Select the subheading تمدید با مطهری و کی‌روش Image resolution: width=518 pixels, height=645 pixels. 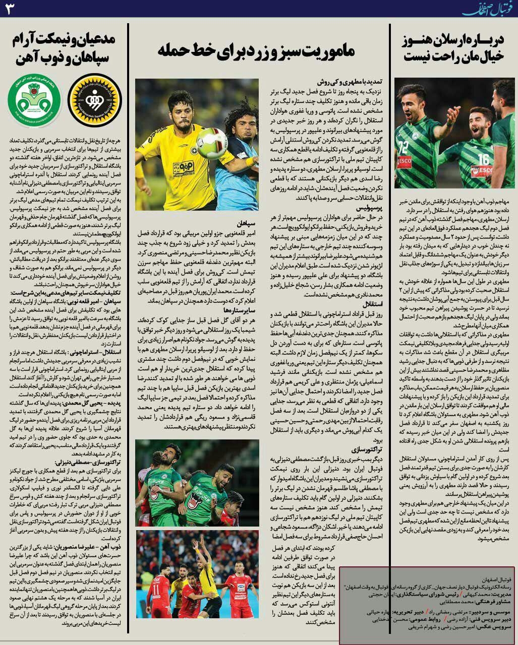[x=353, y=82]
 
